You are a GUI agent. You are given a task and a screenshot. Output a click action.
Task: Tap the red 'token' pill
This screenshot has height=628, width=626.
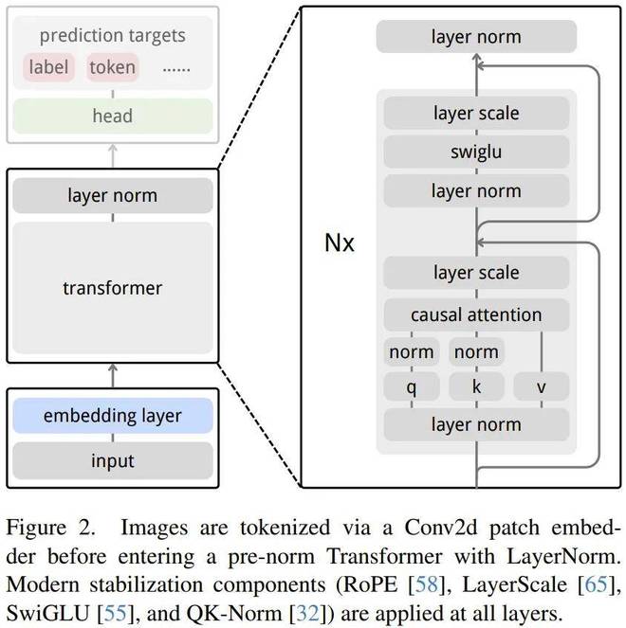[112, 67]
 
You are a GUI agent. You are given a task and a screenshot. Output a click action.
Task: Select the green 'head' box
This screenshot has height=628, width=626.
[112, 116]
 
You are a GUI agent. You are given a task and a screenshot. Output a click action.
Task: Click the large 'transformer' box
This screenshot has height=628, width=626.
[112, 287]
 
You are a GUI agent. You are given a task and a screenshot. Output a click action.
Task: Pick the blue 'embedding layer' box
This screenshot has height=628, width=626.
[112, 416]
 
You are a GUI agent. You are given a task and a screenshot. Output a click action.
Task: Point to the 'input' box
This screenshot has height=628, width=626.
[112, 461]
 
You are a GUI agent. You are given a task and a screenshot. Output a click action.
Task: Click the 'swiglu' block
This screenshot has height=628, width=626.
[475, 152]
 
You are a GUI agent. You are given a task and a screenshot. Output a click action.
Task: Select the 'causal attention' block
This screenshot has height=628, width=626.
[475, 314]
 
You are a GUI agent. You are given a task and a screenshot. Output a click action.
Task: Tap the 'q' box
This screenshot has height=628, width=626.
[411, 386]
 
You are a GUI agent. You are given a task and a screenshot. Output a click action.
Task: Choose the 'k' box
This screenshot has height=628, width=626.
[475, 386]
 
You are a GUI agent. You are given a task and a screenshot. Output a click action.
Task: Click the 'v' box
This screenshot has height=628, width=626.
[541, 386]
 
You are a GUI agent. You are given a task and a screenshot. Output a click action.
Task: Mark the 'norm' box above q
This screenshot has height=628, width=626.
[411, 351]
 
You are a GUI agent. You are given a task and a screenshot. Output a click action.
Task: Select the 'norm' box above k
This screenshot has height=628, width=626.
[475, 351]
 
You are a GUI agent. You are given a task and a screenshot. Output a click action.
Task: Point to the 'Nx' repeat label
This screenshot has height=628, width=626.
[339, 242]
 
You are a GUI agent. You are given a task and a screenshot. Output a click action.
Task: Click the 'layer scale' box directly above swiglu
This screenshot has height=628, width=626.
[475, 113]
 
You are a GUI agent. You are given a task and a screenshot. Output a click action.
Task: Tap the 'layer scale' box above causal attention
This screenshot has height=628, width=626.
[475, 273]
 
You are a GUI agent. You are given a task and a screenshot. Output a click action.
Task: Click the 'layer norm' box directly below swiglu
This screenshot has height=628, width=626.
[475, 190]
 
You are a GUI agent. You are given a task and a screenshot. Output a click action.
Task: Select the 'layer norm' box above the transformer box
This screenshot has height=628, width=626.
[112, 196]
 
